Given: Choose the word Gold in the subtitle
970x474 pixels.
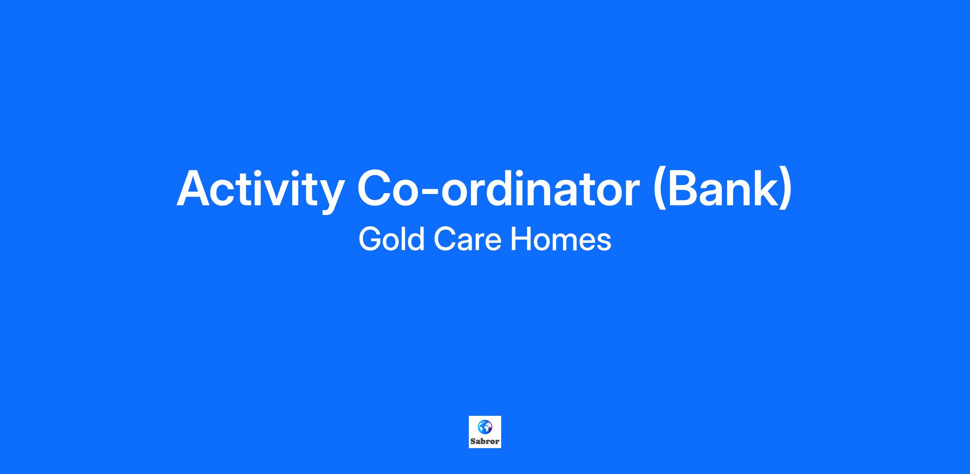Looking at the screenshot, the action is click(x=391, y=239).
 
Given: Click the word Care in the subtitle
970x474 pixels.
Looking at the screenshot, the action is click(x=467, y=239).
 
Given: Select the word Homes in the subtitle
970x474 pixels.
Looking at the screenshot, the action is click(x=561, y=239).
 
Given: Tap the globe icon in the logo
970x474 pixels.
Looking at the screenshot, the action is click(x=485, y=427).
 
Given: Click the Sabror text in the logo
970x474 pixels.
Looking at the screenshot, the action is click(x=485, y=442).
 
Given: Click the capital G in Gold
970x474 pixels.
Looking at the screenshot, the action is click(x=371, y=239).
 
